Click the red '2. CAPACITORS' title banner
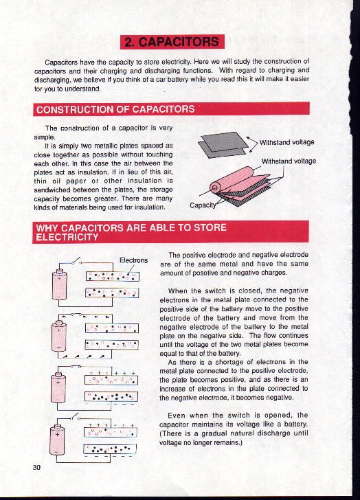point(172,42)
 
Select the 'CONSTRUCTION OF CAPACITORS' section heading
point(115,109)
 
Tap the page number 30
point(36,467)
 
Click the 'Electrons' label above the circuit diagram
point(133,260)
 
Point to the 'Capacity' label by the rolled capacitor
point(203,205)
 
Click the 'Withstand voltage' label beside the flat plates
point(286,142)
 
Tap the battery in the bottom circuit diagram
point(58,440)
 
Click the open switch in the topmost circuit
point(76,261)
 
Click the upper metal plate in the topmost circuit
point(113,276)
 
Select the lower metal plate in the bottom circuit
point(110,449)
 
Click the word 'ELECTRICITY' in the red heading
point(67,237)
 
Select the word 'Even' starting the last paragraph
point(177,416)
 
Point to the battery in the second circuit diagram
point(59,335)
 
